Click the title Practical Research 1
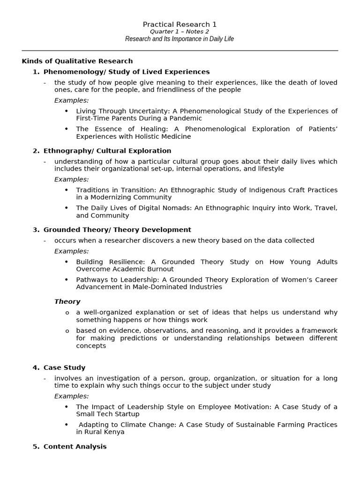coord(180,24)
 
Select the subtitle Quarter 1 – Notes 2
coord(180,31)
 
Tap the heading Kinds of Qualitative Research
coord(77,61)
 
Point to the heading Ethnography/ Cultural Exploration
coord(107,151)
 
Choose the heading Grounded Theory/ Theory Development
coord(117,230)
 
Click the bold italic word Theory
coord(67,302)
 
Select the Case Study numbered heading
coord(64,367)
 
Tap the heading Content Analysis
coord(75,447)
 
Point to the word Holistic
coord(145,136)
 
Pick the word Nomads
coord(155,208)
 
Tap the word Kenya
coord(114,432)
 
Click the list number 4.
coord(36,367)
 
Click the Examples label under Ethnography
coord(71,180)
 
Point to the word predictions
coord(139,338)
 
